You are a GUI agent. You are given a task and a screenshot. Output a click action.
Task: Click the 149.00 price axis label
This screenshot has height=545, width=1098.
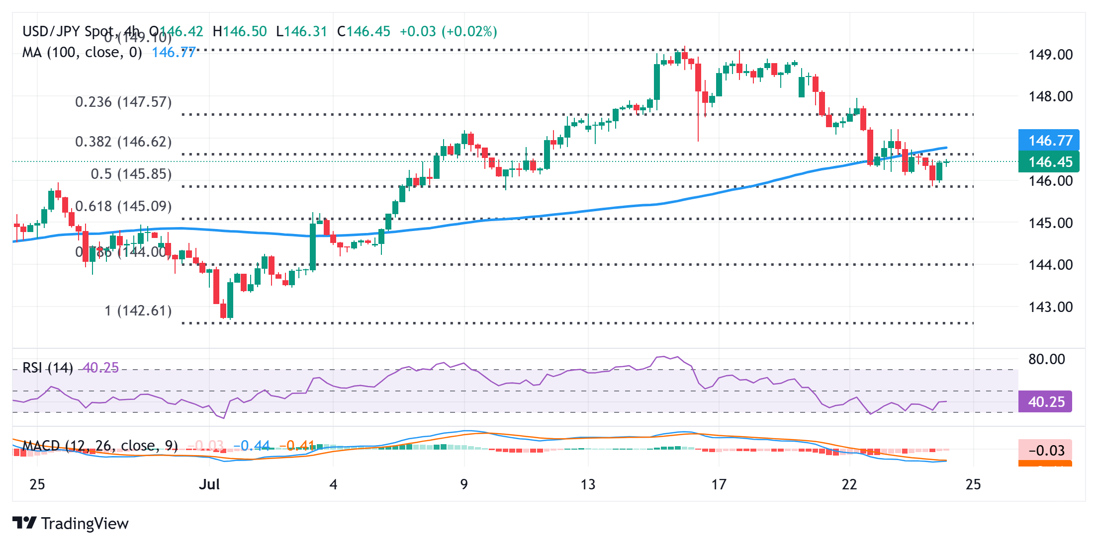pyautogui.click(x=1050, y=54)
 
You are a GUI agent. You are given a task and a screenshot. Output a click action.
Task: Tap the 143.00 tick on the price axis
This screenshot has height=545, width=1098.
pyautogui.click(x=1050, y=307)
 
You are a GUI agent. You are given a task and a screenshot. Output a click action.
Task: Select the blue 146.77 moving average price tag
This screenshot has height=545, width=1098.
pyautogui.click(x=1049, y=140)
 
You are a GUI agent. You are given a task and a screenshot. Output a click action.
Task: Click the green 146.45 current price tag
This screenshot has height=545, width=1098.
pyautogui.click(x=1049, y=162)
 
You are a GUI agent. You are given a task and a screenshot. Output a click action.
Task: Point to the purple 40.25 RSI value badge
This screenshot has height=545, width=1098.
pyautogui.click(x=1045, y=401)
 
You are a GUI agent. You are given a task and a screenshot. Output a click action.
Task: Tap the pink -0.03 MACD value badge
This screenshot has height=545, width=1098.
pyautogui.click(x=1045, y=450)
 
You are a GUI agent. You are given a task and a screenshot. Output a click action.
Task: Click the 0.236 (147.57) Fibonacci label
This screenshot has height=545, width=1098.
pyautogui.click(x=123, y=102)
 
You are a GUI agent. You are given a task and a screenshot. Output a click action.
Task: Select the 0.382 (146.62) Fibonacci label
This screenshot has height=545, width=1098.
pyautogui.click(x=123, y=142)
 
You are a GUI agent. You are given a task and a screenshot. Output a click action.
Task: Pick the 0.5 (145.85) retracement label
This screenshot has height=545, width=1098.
pyautogui.click(x=131, y=174)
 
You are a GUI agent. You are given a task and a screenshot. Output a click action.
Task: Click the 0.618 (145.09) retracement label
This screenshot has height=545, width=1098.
pyautogui.click(x=123, y=206)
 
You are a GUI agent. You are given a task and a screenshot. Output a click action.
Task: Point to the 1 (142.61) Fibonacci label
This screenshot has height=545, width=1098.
pyautogui.click(x=138, y=311)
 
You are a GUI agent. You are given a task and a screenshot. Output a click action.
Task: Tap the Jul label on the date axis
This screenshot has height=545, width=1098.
pyautogui.click(x=209, y=484)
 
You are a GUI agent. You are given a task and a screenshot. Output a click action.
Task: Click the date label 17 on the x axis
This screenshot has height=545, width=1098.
pyautogui.click(x=719, y=484)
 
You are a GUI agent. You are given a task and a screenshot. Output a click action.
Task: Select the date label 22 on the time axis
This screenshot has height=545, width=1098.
pyautogui.click(x=849, y=484)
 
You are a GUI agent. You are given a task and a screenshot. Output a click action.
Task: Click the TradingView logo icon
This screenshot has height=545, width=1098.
pyautogui.click(x=24, y=523)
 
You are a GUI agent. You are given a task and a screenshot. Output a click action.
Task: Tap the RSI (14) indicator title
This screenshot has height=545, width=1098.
pyautogui.click(x=48, y=368)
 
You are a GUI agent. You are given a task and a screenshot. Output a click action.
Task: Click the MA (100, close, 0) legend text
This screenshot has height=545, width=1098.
pyautogui.click(x=82, y=52)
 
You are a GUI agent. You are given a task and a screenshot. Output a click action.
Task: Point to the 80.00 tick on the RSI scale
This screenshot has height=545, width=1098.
pyautogui.click(x=1046, y=359)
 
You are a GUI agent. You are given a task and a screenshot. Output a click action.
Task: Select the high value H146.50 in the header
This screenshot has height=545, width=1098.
pyautogui.click(x=240, y=31)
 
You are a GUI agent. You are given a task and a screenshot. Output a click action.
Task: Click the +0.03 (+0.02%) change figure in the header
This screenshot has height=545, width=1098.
pyautogui.click(x=448, y=31)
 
